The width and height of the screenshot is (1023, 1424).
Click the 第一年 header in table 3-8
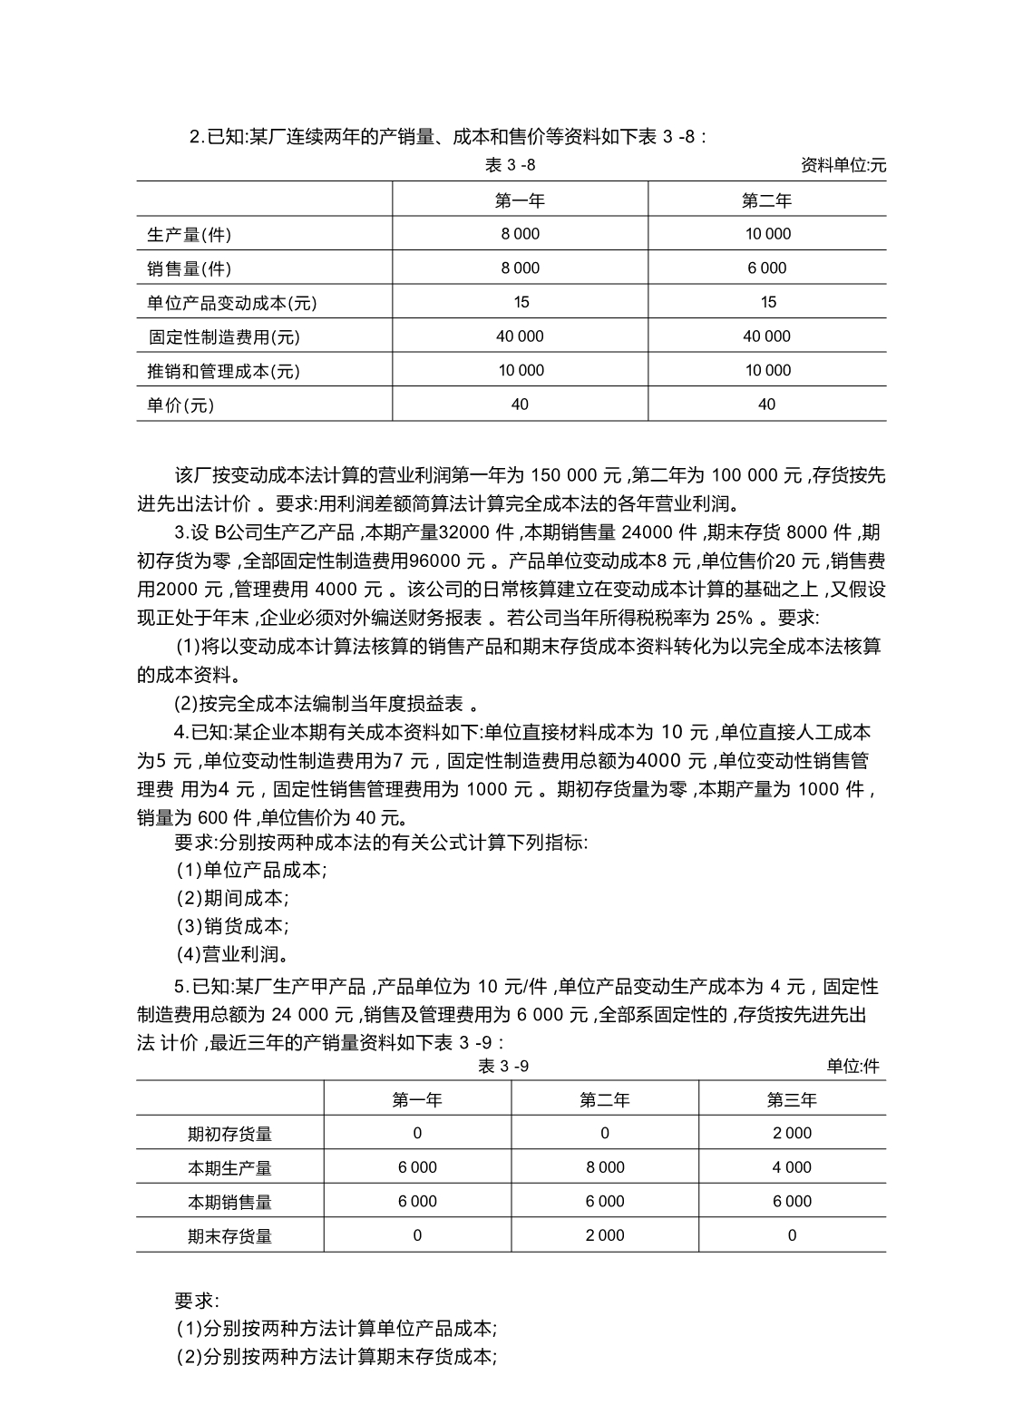point(520,200)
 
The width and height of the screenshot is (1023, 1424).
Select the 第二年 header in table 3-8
point(766,200)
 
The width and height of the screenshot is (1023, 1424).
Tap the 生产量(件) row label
point(189,235)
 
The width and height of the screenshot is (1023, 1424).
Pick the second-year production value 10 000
point(767,234)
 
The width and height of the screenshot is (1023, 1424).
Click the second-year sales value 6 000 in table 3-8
point(767,268)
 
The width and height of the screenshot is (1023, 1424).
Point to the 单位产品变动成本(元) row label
point(232,303)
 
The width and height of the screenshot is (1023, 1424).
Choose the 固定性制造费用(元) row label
point(224,337)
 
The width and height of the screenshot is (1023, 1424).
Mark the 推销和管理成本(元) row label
point(224,371)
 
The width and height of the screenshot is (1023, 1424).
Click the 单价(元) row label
point(180,405)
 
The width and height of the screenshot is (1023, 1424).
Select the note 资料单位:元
point(843,165)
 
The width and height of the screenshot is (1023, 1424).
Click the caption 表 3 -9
point(503,1067)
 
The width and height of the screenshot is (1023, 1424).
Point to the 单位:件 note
point(852,1067)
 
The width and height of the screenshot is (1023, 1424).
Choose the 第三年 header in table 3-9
point(792,1100)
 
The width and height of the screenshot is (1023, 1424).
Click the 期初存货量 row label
point(229,1134)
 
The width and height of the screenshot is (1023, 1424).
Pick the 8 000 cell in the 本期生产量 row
point(605,1167)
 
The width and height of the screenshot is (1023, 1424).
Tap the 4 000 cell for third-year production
point(792,1167)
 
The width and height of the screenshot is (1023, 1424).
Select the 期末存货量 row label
point(229,1236)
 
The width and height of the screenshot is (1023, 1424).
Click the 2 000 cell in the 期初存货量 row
point(792,1134)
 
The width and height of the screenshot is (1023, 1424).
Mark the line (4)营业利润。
point(233,954)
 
